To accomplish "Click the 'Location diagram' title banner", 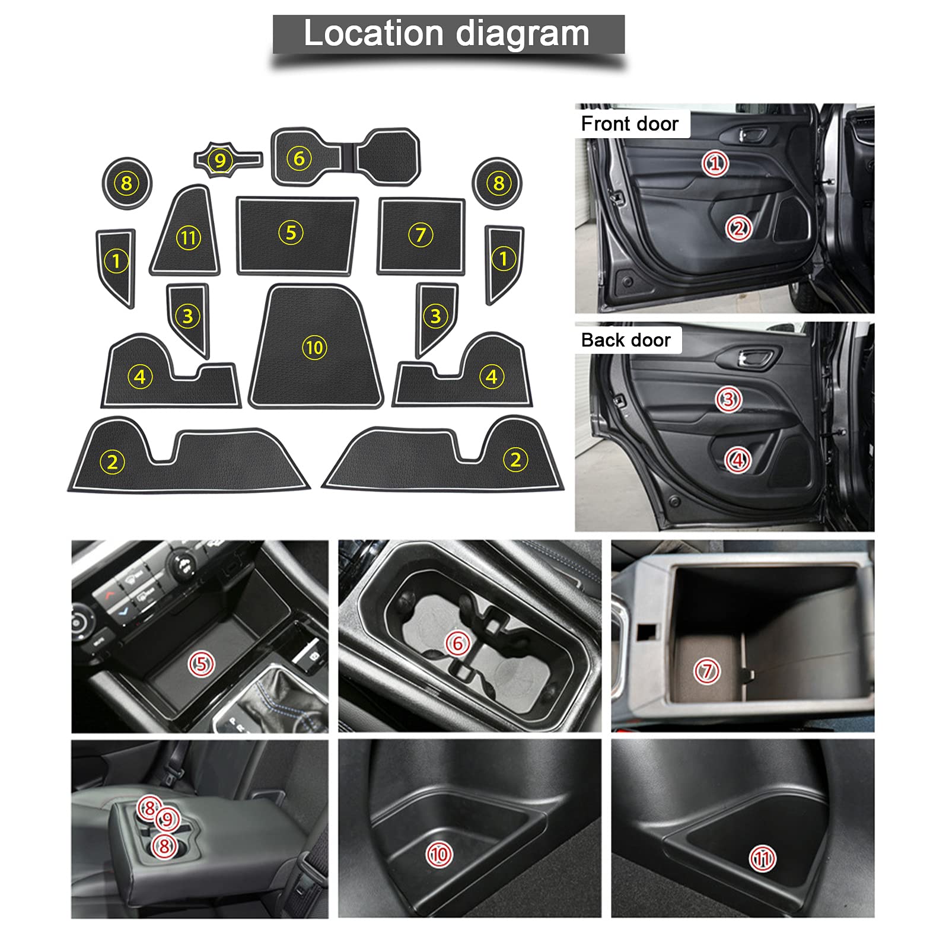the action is (448, 34).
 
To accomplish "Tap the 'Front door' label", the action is (629, 123).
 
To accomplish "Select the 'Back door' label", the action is (626, 340).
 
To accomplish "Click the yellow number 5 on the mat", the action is (291, 233).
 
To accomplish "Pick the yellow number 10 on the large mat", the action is (314, 347).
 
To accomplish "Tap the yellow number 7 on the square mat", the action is (421, 235).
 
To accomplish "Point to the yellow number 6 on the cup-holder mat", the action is (299, 158).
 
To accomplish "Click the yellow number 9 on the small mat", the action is (221, 160).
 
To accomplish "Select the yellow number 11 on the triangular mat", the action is (189, 238).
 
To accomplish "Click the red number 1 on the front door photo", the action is (715, 163).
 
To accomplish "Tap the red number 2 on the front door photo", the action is (738, 228).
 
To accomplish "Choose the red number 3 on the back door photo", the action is (728, 399).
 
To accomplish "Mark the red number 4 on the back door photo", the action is (738, 460).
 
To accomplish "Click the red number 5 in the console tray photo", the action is (201, 664).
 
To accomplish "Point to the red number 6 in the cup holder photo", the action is (457, 643).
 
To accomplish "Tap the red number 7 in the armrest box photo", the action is (706, 671).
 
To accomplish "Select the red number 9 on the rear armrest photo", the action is (168, 820).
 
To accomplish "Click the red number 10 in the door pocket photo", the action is (439, 854).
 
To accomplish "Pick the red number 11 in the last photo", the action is (762, 859).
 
